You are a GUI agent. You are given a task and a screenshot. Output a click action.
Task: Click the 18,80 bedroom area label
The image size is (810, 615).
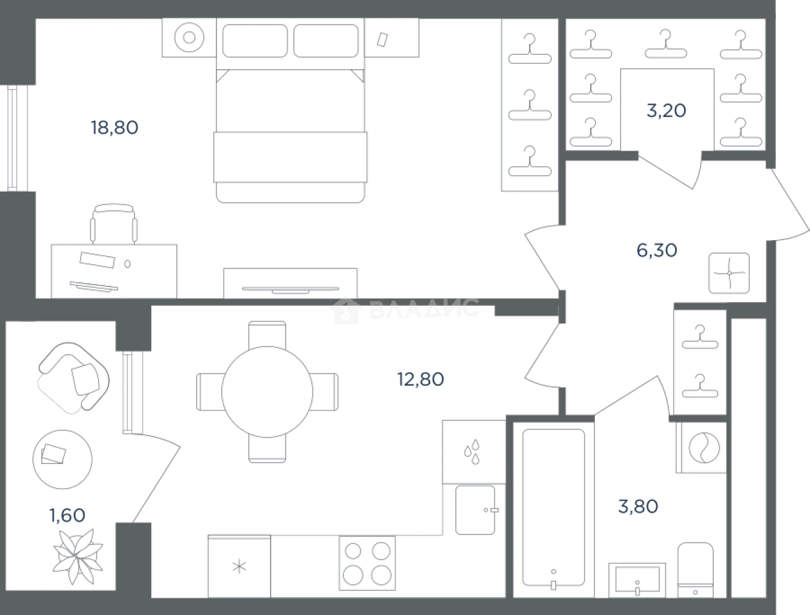click(115, 128)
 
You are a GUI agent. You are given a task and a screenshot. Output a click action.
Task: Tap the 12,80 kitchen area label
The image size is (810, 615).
click(421, 379)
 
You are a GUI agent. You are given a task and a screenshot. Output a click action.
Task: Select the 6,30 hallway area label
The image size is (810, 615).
click(657, 250)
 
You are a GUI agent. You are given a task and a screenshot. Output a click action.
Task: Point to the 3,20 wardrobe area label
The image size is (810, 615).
click(667, 110)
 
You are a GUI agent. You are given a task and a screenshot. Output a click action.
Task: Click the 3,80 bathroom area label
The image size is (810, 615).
click(638, 506)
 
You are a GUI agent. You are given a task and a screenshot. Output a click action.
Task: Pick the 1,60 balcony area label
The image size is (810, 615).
click(67, 515)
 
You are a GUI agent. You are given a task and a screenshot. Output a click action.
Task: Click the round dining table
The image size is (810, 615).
click(267, 392)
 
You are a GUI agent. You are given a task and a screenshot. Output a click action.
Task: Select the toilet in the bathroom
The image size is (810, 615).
click(695, 570)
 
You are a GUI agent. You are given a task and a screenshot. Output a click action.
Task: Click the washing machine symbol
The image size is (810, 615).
click(704, 448)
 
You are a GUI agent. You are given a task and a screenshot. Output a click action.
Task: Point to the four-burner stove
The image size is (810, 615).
click(367, 563)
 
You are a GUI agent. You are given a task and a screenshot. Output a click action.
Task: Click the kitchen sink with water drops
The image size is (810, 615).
click(474, 452)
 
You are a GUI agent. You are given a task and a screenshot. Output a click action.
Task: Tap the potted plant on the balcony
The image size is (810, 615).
click(78, 556)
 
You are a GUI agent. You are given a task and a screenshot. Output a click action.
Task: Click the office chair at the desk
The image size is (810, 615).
click(114, 224)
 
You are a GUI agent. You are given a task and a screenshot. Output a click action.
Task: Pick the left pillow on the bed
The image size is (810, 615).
click(255, 41)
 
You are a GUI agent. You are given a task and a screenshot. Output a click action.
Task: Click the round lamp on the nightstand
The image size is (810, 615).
click(189, 37)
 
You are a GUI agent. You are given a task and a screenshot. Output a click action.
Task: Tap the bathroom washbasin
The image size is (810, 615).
click(637, 580)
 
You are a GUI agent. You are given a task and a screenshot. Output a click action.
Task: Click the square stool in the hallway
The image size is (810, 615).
click(729, 273)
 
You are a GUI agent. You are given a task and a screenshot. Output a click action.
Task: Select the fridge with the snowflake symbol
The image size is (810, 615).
click(239, 567)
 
